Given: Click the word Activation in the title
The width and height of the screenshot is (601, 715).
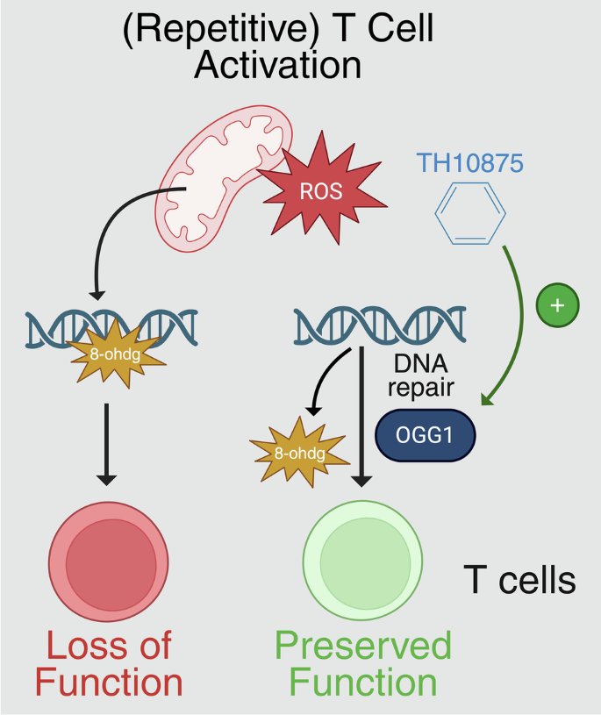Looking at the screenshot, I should pos(277,65).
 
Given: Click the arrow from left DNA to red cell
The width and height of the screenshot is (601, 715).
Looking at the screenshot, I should pos(106,443).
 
